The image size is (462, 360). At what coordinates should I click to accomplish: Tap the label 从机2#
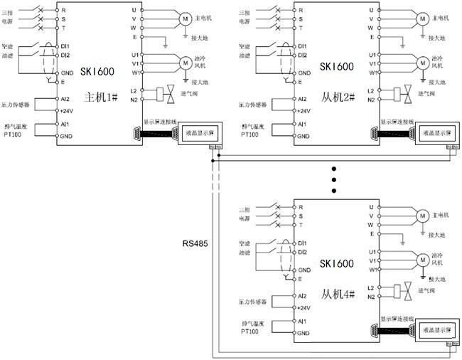(x=337, y=96)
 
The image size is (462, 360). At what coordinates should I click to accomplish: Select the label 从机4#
(x=337, y=293)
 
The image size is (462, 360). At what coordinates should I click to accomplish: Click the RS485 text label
(x=194, y=243)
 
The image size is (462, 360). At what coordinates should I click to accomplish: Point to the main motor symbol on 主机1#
(x=183, y=18)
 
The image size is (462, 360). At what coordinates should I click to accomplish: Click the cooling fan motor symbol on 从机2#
(x=421, y=63)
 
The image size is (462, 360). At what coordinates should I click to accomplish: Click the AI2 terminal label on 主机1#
(x=64, y=100)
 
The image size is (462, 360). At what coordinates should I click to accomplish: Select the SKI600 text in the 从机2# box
(x=336, y=67)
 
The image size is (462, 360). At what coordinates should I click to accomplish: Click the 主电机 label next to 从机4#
(x=443, y=214)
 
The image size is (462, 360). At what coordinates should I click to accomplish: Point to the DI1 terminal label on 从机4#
(x=303, y=243)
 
